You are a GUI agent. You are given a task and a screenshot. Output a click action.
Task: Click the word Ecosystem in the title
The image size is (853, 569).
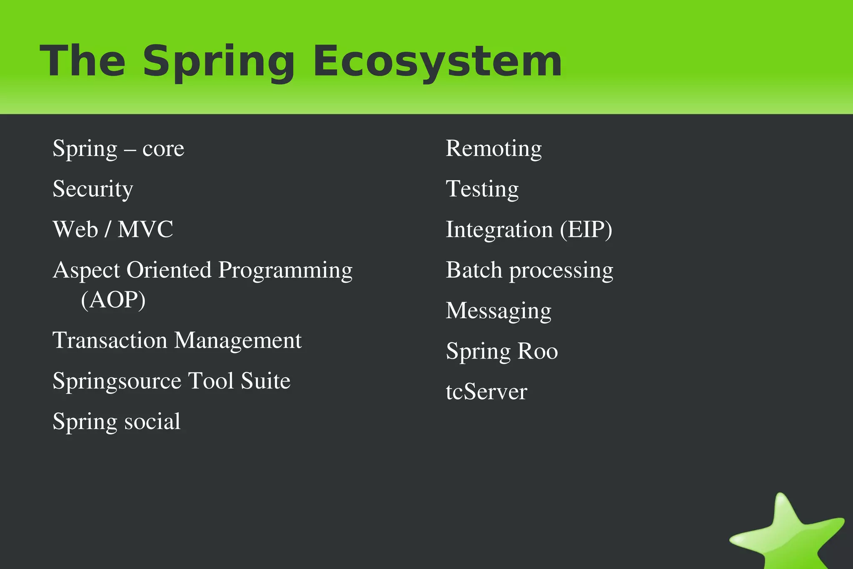coord(437,61)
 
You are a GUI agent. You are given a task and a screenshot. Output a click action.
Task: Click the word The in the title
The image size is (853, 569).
coord(82,61)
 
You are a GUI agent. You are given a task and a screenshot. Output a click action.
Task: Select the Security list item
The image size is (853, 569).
coord(92,189)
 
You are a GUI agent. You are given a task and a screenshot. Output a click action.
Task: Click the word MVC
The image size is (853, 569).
coord(145,229)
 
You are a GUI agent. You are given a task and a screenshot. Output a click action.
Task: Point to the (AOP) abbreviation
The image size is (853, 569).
coord(113,300)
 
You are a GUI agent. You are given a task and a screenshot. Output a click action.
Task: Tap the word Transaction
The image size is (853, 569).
coord(110,340)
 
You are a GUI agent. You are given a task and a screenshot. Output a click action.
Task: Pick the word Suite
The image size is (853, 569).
coord(265,381)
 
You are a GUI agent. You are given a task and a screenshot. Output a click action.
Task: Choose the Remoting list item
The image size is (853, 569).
coord(494,149)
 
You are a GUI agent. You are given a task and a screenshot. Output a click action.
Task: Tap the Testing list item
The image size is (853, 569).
coord(482,189)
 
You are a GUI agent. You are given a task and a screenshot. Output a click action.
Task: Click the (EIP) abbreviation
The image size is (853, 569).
coord(586,230)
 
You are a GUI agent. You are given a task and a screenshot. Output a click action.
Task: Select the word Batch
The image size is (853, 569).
coord(474,270)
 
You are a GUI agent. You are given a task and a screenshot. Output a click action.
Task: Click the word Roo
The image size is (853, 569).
coord(537,351)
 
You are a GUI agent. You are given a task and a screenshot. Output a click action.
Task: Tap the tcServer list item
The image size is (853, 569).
coord(486,392)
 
